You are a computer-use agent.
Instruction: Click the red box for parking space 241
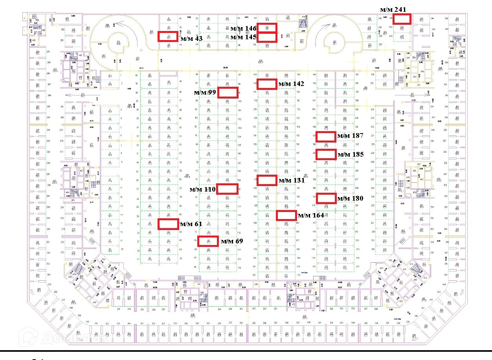[x=402, y=19]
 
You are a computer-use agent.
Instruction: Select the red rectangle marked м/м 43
[x=168, y=37]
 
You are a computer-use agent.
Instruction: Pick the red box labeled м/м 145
[x=267, y=37]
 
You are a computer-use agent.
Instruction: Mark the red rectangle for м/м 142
[x=267, y=84]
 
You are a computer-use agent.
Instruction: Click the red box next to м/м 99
[x=228, y=93]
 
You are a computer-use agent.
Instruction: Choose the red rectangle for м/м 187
[x=326, y=137]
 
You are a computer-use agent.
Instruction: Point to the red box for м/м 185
[x=326, y=155]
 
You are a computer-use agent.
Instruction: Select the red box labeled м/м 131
[x=267, y=180]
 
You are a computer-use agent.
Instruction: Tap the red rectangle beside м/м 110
[x=228, y=189]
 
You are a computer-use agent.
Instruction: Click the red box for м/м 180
[x=326, y=199]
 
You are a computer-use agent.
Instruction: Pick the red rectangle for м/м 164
[x=286, y=215]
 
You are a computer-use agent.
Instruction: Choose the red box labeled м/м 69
[x=208, y=241]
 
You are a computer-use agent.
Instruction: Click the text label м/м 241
[x=393, y=9]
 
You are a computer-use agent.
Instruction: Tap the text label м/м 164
[x=311, y=215]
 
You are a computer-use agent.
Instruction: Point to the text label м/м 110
[x=202, y=189]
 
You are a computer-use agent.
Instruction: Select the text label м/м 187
[x=351, y=135]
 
